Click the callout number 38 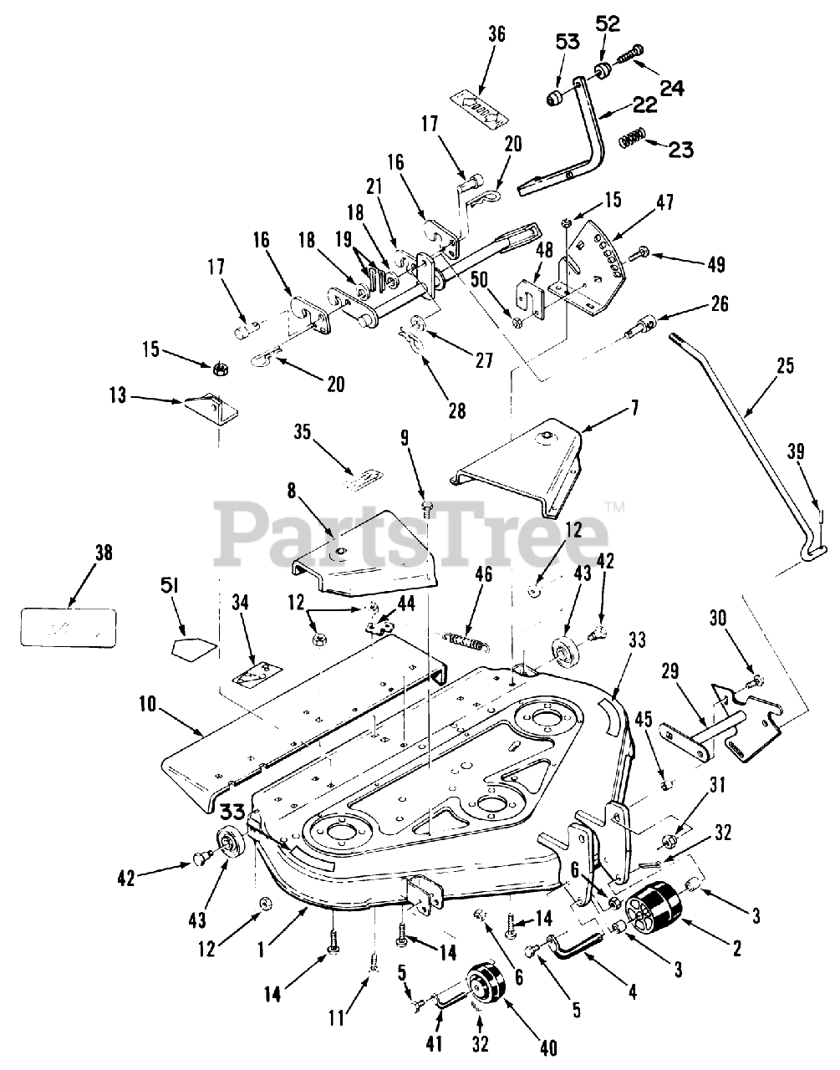(104, 553)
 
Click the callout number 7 (635, 409)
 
